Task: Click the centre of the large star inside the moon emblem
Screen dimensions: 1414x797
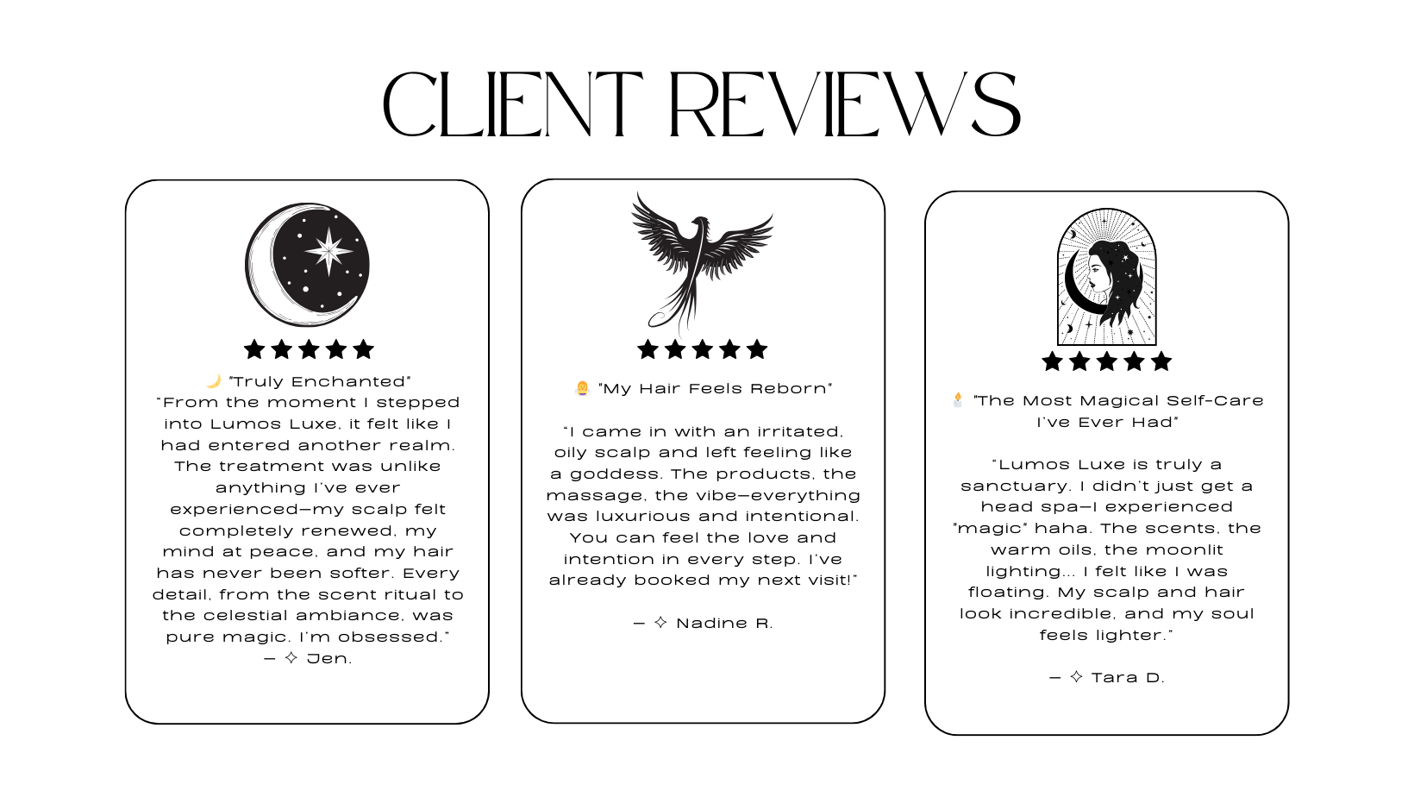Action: click(x=328, y=251)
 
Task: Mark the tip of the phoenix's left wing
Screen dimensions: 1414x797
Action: click(x=637, y=194)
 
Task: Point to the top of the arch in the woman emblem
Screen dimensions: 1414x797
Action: click(x=1106, y=209)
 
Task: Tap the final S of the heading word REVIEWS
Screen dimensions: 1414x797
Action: click(x=996, y=104)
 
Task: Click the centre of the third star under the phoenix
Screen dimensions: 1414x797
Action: click(x=702, y=349)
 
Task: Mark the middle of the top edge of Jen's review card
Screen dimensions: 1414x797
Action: click(x=307, y=180)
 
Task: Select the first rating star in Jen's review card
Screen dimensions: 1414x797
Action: click(x=254, y=349)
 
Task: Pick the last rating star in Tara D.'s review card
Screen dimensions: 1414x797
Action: click(x=1161, y=361)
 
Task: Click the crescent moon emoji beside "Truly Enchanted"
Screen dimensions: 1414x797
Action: click(x=214, y=380)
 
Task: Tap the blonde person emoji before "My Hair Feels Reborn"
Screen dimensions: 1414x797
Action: click(x=582, y=388)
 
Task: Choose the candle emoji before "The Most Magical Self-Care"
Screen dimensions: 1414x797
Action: click(x=958, y=399)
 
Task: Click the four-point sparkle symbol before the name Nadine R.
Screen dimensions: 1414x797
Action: click(x=660, y=623)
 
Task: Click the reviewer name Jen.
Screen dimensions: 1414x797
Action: click(x=328, y=659)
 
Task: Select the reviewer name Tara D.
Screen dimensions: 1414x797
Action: click(x=1128, y=678)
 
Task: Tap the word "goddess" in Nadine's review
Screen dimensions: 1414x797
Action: click(x=612, y=475)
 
